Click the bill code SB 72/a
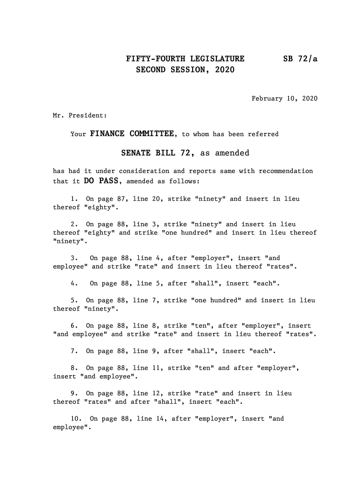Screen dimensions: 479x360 pyautogui.click(x=300, y=59)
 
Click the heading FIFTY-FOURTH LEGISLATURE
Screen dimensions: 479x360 pyautogui.click(x=185, y=59)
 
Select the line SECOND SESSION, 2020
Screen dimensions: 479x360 pyautogui.click(x=185, y=70)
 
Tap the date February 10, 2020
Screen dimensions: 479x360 pyautogui.click(x=284, y=99)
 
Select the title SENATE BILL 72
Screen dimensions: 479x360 pyautogui.click(x=158, y=153)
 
